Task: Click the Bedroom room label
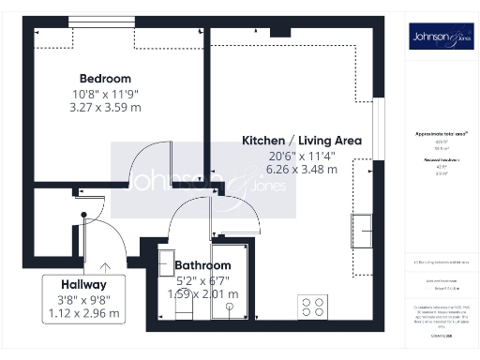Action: point(105,79)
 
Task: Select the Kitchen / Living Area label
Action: point(302,141)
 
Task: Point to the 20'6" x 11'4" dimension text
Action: point(302,156)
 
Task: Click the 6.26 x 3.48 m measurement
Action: point(302,170)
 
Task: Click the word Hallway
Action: point(83,284)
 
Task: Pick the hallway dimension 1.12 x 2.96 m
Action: point(83,312)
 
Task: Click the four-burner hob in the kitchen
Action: point(312,306)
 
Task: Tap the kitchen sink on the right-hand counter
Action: point(362,231)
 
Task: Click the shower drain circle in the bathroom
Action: point(229,306)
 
